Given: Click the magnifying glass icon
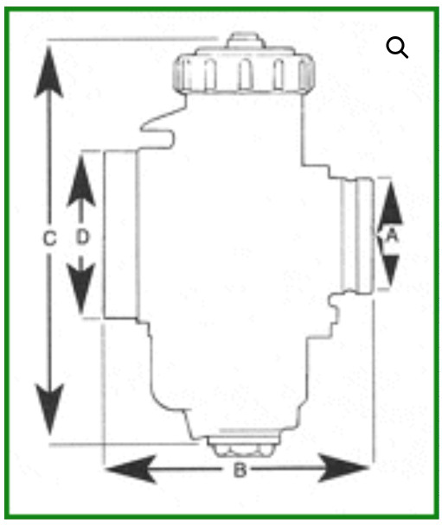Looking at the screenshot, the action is (397, 47).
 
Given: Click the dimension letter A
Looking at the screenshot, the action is (391, 235).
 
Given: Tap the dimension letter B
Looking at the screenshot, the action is (240, 470).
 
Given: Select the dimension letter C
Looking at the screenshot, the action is (50, 238).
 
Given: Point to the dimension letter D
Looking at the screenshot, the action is (82, 237).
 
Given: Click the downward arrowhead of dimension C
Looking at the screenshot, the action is (49, 409).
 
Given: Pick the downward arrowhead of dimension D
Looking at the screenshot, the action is (81, 288).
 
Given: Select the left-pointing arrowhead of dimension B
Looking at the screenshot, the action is (131, 469).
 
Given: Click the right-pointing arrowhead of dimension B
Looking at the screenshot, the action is (343, 467).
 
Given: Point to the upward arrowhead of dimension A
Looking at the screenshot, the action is (390, 203).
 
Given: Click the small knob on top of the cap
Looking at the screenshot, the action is (245, 41).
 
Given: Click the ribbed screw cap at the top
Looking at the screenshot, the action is (244, 71).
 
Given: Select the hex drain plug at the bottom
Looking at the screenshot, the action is (243, 446).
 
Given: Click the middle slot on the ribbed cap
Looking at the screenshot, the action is (245, 74).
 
